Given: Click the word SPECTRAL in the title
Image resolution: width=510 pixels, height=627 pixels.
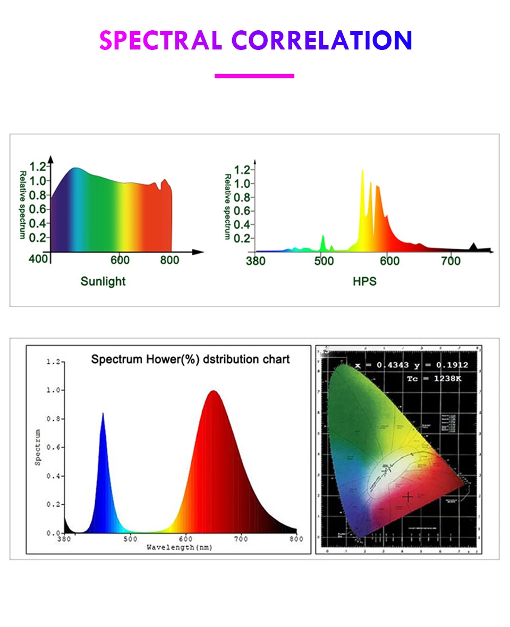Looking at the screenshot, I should click(x=160, y=40).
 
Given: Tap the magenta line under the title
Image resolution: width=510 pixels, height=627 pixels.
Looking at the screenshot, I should click(x=254, y=76).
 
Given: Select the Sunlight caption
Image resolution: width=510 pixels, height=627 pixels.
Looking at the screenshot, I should click(x=103, y=281).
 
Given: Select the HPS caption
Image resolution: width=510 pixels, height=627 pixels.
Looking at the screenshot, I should click(x=364, y=281).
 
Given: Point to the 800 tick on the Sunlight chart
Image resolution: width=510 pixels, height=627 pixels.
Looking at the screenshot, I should click(x=170, y=260).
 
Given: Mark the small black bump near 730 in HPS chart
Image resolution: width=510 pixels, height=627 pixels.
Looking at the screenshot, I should click(x=473, y=246).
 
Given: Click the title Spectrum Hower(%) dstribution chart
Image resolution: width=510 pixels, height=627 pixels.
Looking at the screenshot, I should click(x=190, y=359).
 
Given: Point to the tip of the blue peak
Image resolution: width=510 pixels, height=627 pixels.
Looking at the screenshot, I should click(x=103, y=414).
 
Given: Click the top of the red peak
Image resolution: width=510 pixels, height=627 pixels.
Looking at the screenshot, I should click(x=213, y=391).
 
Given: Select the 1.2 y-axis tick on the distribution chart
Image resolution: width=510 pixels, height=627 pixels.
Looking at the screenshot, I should click(x=53, y=362).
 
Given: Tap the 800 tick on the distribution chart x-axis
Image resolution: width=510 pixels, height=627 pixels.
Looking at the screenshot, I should click(x=296, y=539).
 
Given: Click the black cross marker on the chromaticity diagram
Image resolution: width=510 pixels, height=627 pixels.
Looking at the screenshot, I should click(x=408, y=497).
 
